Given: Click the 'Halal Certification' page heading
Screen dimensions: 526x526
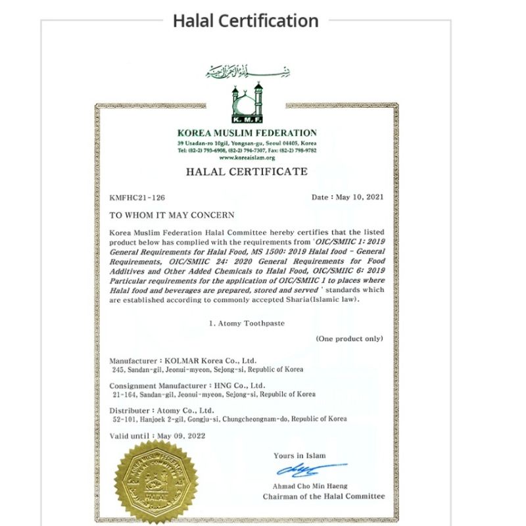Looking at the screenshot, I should (245, 20).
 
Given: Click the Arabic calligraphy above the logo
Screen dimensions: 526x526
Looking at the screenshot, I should (247, 71).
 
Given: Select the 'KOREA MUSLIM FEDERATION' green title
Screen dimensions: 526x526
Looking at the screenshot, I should (247, 133).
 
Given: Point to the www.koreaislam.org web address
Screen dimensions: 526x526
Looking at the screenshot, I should (247, 158).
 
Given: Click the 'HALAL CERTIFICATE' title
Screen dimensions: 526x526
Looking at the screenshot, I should (247, 172).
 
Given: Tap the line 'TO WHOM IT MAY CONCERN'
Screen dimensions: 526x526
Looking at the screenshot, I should (172, 215).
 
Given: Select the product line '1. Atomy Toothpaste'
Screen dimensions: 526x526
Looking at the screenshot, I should (246, 323).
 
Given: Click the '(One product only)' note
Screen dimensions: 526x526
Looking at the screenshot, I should (349, 339).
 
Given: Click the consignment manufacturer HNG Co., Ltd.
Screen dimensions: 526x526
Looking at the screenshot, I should (238, 385).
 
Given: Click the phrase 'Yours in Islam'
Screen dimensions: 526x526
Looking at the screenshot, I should (299, 456).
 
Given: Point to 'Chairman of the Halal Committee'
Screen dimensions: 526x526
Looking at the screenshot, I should (323, 496).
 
